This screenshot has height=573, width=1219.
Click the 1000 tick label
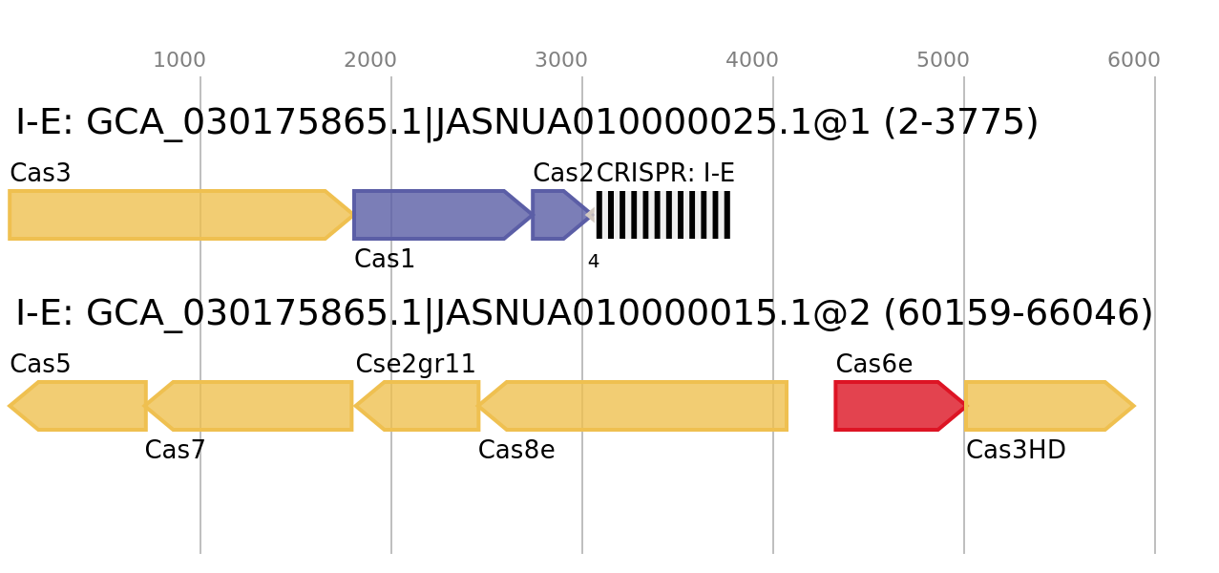pyautogui.click(x=179, y=60)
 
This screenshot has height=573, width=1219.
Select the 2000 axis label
pyautogui.click(x=370, y=60)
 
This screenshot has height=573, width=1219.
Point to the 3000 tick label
pyautogui.click(x=561, y=60)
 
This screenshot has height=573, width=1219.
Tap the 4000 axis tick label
pyautogui.click(x=752, y=60)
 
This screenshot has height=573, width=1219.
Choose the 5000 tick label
pyautogui.click(x=943, y=60)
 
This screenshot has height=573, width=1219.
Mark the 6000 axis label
pyautogui.click(x=1134, y=60)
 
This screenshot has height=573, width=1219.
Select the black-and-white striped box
pyautogui.click(x=662, y=215)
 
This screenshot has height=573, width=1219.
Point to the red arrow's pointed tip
pyautogui.click(x=965, y=406)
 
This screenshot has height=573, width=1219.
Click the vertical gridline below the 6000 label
pyautogui.click(x=1155, y=315)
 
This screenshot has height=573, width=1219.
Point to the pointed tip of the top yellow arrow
pyautogui.click(x=352, y=215)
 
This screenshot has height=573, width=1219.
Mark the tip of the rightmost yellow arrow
pyautogui.click(x=1136, y=406)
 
